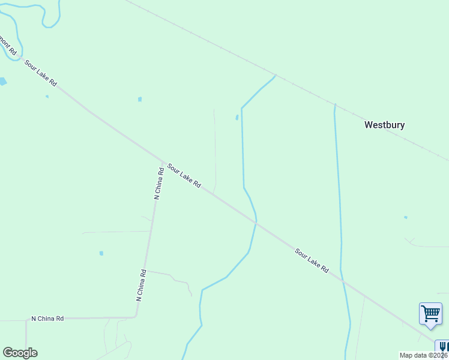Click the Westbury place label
click(x=385, y=125)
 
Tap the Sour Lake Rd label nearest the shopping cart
click(x=312, y=260)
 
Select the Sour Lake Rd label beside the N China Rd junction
click(x=184, y=176)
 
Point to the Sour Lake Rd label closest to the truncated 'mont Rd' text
click(x=41, y=73)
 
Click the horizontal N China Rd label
click(x=47, y=319)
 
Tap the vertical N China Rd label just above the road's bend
click(x=141, y=285)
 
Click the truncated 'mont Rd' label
click(x=4, y=43)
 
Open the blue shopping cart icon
click(x=430, y=313)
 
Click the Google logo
click(x=20, y=353)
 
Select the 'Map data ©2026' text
click(x=424, y=355)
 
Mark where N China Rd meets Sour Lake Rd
click(x=162, y=163)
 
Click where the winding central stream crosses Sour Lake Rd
click(x=256, y=222)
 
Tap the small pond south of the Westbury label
click(x=406, y=217)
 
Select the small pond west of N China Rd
click(x=101, y=253)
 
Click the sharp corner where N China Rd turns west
click(x=136, y=316)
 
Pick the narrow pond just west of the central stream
click(x=237, y=118)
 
